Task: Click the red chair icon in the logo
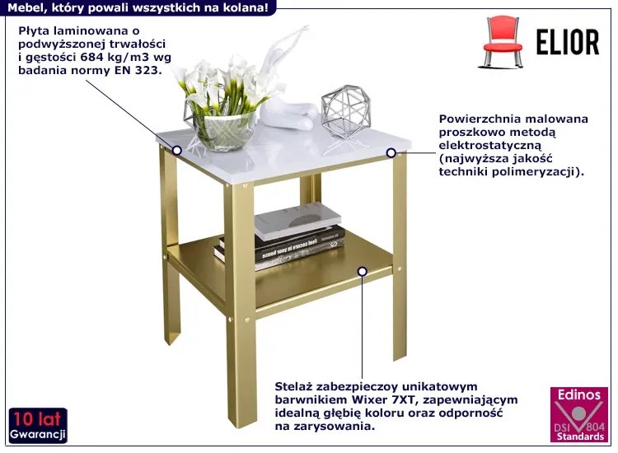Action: pos(502,41)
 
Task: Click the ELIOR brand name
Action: pos(568,42)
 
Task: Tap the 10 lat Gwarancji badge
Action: pos(38,426)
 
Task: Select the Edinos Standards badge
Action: pos(579,415)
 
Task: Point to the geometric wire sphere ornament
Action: pos(345,111)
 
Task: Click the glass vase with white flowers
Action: pos(221,105)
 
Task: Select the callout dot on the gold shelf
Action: pos(363,272)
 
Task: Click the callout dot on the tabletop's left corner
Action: pos(177,150)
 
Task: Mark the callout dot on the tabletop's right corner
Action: pos(391,153)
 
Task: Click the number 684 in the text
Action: pos(91,57)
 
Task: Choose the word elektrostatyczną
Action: pos(490,145)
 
